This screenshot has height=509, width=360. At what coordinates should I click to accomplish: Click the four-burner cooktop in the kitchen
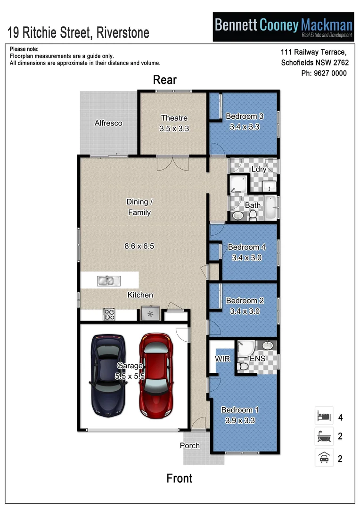coord(109,314)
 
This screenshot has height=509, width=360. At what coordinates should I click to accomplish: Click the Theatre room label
coord(174,118)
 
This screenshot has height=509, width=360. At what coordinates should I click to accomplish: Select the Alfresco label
coord(108,123)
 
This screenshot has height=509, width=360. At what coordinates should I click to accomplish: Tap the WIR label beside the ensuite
coord(222,359)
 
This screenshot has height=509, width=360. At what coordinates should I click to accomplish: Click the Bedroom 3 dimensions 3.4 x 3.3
coord(245,127)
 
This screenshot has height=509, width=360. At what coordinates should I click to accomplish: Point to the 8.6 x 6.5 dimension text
coord(139,246)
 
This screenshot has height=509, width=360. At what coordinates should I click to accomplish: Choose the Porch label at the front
coord(190,445)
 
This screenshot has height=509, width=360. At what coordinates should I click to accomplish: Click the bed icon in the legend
coord(324,416)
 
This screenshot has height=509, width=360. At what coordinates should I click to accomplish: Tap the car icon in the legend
coord(324,458)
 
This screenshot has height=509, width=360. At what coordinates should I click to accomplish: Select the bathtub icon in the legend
coord(324,437)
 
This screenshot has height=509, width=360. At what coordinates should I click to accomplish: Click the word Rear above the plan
coord(164,80)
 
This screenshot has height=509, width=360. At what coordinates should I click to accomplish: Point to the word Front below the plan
coord(179,478)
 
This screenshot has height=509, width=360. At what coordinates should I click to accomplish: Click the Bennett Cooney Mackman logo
coord(283,27)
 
